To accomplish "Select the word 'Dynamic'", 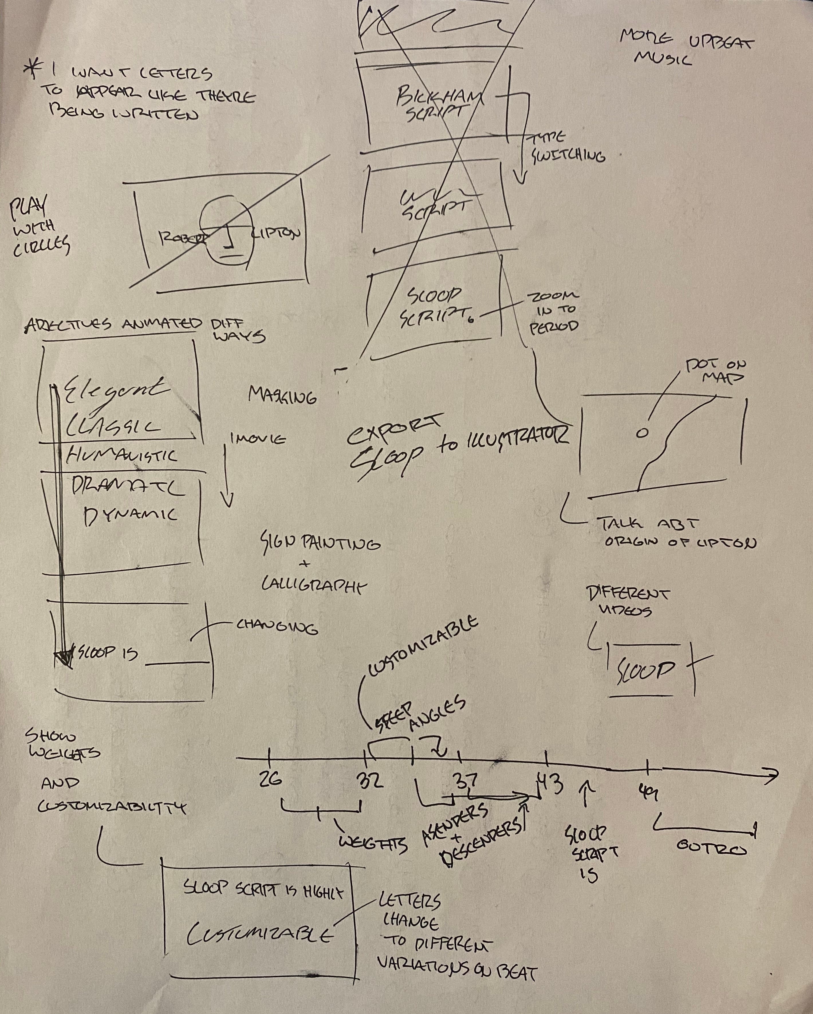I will click(130, 515).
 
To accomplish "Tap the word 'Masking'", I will click(282, 396).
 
